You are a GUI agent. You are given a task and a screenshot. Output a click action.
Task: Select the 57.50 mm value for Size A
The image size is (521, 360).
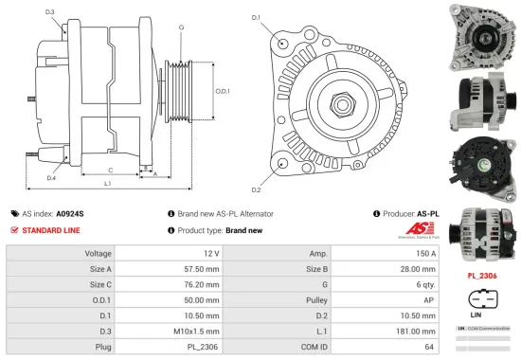click(x=202, y=269)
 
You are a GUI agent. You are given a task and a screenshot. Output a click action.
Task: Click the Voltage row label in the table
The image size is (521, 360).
click(x=99, y=254)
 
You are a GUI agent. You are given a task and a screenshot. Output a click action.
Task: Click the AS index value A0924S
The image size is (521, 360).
click(x=70, y=214)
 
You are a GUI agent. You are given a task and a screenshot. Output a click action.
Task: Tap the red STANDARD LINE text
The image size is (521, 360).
click(x=50, y=230)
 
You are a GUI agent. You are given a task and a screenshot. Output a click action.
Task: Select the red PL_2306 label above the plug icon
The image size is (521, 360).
click(x=481, y=277)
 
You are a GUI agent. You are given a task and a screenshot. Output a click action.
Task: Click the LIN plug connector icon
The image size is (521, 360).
click(x=480, y=296)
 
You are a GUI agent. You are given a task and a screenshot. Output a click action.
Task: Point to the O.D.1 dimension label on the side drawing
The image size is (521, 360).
click(x=222, y=91)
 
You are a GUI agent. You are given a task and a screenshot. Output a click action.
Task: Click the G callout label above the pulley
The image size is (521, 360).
click(x=180, y=27)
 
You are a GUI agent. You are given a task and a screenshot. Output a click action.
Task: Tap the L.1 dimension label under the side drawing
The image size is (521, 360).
click(x=108, y=183)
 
